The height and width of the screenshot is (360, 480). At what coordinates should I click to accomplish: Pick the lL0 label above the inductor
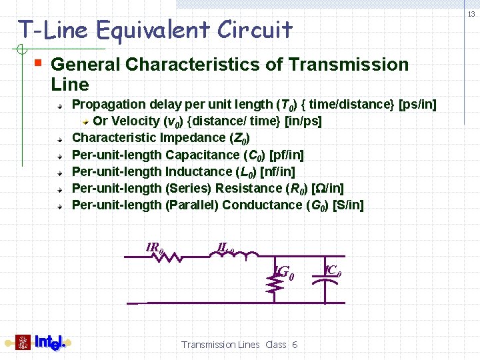[225, 247]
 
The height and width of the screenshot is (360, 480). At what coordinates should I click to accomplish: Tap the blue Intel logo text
[50, 343]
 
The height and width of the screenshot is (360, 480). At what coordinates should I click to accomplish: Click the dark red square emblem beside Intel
[23, 343]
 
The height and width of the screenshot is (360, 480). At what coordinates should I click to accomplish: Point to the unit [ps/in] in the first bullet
[417, 105]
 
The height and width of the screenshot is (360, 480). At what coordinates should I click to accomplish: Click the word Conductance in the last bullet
[263, 205]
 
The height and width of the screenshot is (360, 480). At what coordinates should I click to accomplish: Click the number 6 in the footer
[295, 345]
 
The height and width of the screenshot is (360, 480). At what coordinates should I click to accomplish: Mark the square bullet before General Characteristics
[39, 64]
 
